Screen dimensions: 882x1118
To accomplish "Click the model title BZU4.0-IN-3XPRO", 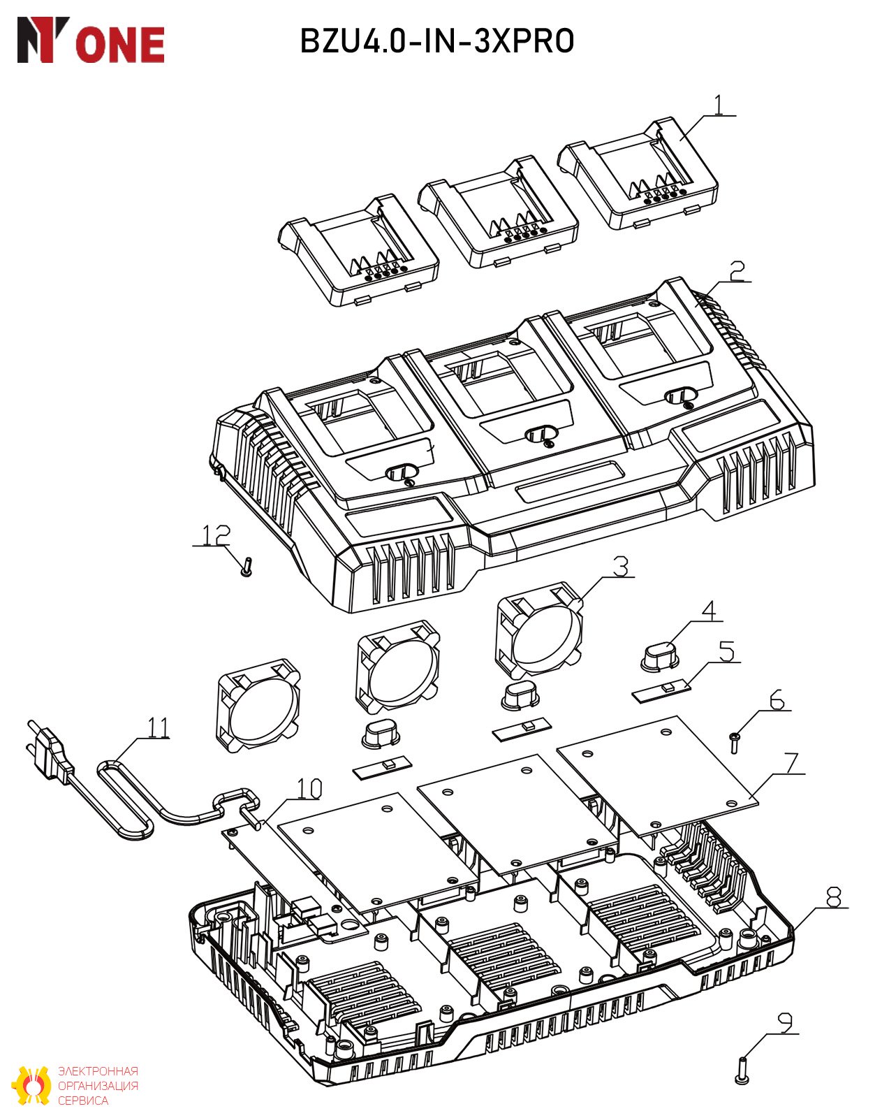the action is (437, 41).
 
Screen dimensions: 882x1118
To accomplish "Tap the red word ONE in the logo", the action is (120, 45).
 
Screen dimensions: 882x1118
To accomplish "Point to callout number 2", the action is (737, 270).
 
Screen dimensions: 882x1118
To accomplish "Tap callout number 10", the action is (309, 788).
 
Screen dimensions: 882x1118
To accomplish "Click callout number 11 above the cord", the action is (159, 728).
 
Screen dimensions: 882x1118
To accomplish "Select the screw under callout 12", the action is (247, 566).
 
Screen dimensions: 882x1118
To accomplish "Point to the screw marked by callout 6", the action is (735, 743).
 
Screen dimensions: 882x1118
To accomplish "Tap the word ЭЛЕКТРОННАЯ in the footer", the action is (98, 1071).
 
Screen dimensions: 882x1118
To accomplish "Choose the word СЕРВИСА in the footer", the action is (83, 1101).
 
